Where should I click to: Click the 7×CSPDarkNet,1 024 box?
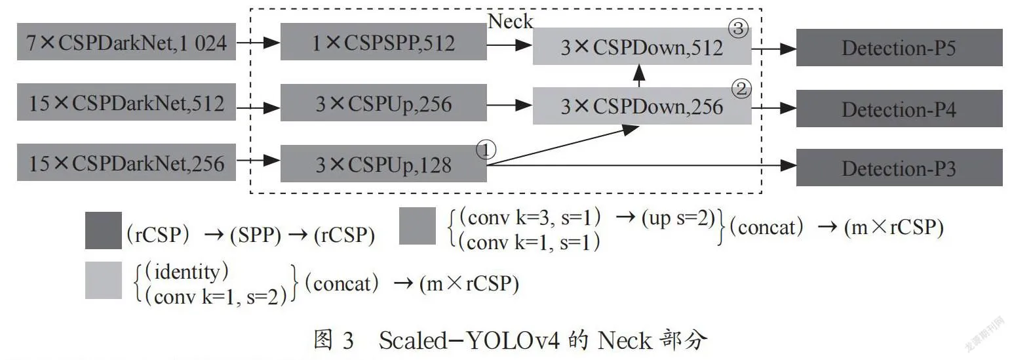(x=126, y=43)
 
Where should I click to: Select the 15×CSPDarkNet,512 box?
(x=126, y=103)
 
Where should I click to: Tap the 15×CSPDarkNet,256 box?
(x=126, y=163)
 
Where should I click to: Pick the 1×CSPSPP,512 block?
(x=383, y=43)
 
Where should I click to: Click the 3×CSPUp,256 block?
(x=383, y=103)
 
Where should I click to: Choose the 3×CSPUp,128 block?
(x=383, y=163)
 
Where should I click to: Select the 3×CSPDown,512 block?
(x=642, y=47)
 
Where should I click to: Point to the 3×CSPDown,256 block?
(x=642, y=107)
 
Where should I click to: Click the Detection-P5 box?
(x=899, y=47)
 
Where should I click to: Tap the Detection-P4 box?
(x=899, y=108)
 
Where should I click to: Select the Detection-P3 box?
(x=899, y=168)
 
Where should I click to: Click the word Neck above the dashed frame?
(x=511, y=21)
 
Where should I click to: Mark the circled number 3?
(x=739, y=28)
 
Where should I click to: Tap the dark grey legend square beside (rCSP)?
(x=104, y=230)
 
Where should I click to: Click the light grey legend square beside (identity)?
(x=104, y=280)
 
